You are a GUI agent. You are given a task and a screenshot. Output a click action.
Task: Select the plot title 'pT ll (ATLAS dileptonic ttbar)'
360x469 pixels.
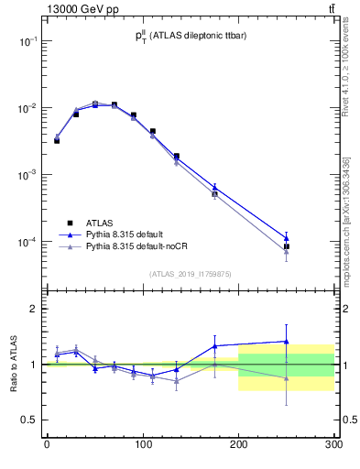pyautogui.click(x=189, y=36)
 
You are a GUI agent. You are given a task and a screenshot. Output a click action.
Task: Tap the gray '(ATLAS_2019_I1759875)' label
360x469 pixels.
pyautogui.click(x=191, y=273)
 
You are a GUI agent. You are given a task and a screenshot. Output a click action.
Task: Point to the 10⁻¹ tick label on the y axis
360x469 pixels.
pyautogui.click(x=27, y=41)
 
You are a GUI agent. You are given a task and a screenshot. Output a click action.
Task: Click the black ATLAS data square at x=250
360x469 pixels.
pyautogui.click(x=286, y=246)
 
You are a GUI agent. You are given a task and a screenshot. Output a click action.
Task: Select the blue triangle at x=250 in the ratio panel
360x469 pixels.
pyautogui.click(x=286, y=342)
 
